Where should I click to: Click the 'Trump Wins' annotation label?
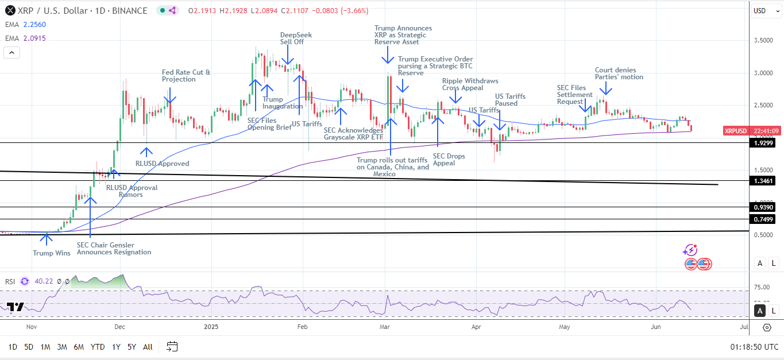coord(52,253)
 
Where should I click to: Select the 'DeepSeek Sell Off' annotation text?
coord(296,38)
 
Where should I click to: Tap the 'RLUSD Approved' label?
coord(163,164)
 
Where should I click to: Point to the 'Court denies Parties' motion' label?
coord(619,73)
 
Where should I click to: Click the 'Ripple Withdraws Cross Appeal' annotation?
coord(470,84)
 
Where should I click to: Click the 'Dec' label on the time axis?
coord(119,327)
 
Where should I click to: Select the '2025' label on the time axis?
coord(211,327)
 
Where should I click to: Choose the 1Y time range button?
coord(116,347)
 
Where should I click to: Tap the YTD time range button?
coord(98,347)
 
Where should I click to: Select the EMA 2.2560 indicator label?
coord(25,24)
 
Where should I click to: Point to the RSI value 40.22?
coord(43,281)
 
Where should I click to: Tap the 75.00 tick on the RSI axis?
coord(762,287)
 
